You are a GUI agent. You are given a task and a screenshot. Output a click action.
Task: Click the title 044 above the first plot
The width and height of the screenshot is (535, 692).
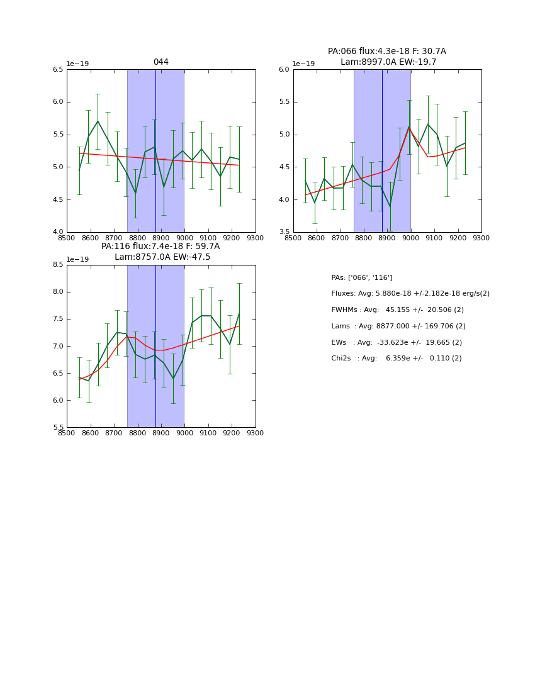click(x=161, y=62)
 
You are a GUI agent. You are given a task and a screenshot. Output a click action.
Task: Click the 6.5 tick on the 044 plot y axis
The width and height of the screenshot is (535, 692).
click(x=58, y=70)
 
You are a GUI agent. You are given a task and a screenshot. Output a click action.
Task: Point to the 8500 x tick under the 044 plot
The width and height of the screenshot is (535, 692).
click(x=67, y=238)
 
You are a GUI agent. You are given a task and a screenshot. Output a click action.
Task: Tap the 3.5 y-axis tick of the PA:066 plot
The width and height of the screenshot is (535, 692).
click(x=284, y=232)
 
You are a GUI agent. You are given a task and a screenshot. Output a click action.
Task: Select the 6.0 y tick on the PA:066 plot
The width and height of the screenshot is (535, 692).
click(x=284, y=70)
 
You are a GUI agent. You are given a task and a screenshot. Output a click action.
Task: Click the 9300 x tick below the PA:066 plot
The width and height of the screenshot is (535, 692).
click(x=481, y=238)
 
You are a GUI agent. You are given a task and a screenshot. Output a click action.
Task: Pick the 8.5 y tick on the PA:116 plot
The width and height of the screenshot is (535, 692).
click(x=58, y=265)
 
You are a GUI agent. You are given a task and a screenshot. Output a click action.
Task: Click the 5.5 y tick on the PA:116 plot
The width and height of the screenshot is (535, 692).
click(x=58, y=428)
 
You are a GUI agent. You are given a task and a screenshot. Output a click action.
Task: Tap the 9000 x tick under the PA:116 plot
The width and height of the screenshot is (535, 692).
click(x=184, y=433)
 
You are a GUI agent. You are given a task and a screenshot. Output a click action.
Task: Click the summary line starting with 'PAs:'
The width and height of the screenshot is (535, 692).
click(x=361, y=277)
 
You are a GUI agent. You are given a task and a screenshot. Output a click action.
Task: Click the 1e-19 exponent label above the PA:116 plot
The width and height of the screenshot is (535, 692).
click(x=78, y=259)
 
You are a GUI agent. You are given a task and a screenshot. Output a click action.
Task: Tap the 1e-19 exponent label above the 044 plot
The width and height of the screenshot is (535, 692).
click(x=78, y=64)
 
